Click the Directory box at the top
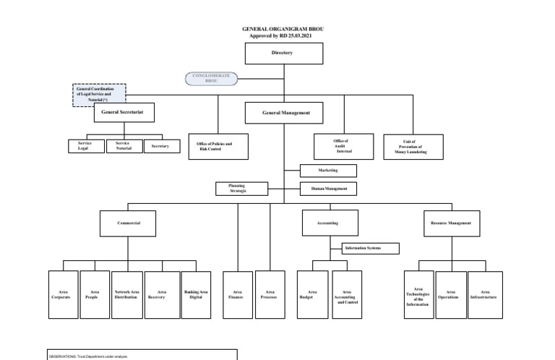(283, 53)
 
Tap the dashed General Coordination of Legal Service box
(100, 95)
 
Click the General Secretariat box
(124, 113)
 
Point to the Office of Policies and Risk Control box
(218, 147)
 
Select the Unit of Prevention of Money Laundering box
(414, 147)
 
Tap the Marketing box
(329, 171)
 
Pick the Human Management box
(329, 189)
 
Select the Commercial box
(129, 224)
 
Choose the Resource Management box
(450, 224)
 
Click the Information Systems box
(371, 248)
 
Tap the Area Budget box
(311, 295)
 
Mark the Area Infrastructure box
(484, 295)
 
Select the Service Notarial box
(124, 146)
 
